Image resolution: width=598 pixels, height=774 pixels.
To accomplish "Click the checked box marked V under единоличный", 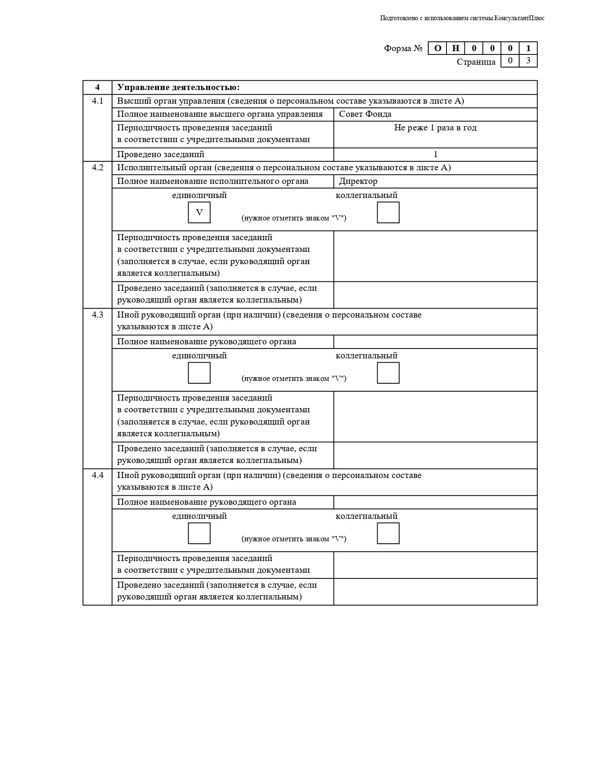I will (x=199, y=212).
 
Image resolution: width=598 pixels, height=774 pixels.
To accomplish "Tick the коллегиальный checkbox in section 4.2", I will (x=388, y=212).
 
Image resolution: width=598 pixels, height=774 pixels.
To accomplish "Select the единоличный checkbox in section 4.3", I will (x=199, y=373).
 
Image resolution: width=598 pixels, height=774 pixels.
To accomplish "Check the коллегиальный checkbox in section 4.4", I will (x=388, y=533).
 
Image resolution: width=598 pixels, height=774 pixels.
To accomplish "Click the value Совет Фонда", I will (x=365, y=114).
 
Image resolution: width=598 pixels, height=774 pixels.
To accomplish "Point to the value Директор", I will (x=358, y=181).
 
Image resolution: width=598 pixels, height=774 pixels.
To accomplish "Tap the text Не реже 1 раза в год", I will (x=435, y=128).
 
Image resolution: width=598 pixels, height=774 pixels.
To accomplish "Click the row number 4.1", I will (x=98, y=101).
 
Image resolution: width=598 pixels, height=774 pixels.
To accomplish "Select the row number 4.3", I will (x=98, y=315).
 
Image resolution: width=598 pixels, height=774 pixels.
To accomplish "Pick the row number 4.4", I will (x=98, y=475).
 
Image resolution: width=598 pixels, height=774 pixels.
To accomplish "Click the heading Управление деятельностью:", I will (x=178, y=88).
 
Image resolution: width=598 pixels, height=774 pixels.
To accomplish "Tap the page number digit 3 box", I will (x=528, y=61).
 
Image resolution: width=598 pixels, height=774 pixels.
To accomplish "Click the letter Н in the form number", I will (x=455, y=48).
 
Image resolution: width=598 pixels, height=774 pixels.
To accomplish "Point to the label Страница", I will (x=476, y=62).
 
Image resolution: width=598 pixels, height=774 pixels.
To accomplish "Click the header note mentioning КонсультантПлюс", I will (x=462, y=18).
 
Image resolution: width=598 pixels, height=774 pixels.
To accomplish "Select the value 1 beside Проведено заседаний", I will (x=435, y=154).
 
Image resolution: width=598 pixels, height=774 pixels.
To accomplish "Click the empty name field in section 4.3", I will (x=435, y=341).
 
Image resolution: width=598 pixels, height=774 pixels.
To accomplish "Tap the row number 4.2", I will (x=98, y=167).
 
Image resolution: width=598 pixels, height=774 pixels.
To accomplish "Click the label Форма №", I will (x=403, y=48).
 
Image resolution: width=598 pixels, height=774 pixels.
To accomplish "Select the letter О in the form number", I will (x=438, y=48).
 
